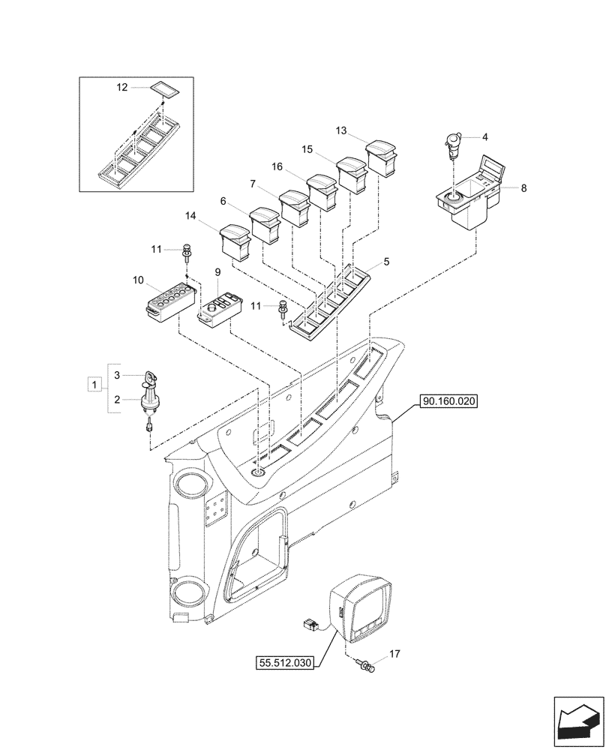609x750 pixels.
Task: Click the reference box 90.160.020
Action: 449,402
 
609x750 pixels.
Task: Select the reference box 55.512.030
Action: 286,663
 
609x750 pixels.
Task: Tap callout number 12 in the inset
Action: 122,88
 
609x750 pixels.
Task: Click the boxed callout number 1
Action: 94,385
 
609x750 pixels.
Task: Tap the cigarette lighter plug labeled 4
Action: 453,145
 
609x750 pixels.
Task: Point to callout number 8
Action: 523,188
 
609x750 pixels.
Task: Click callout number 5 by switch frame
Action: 386,262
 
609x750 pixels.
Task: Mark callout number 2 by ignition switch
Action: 117,401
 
